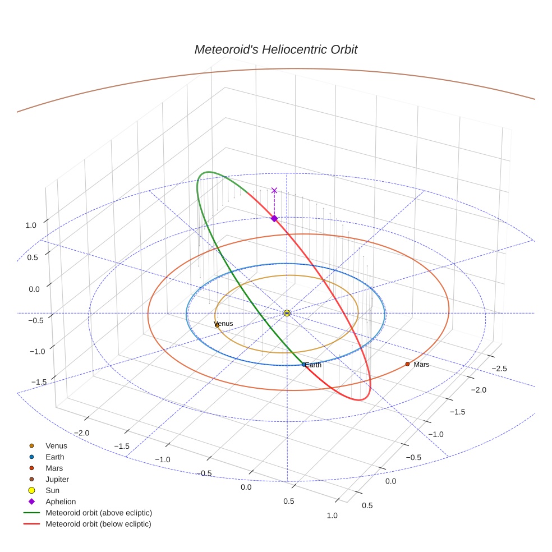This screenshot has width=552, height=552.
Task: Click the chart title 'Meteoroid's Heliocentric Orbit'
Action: tap(275, 49)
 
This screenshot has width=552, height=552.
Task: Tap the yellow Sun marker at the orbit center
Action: tap(287, 312)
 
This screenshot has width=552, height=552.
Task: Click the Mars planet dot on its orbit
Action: tap(407, 364)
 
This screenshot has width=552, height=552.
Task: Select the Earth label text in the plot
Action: tap(314, 365)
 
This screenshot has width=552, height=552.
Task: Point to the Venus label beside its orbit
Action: tap(224, 324)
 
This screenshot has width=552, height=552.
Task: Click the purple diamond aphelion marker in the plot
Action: tap(274, 218)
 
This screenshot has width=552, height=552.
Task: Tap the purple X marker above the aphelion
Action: tap(274, 191)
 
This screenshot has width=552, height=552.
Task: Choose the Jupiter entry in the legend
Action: tap(57, 479)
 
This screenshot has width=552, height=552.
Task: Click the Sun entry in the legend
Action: tap(53, 490)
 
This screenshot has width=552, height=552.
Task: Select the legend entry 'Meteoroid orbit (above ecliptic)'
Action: tap(99, 513)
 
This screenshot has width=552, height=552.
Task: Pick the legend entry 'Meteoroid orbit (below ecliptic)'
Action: tap(98, 524)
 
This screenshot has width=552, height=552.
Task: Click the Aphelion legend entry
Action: tap(60, 502)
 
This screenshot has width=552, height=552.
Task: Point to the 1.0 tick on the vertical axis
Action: tap(30, 225)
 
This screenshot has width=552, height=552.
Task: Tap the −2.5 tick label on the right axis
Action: tap(500, 368)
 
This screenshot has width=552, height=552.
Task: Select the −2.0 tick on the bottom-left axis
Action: tap(82, 433)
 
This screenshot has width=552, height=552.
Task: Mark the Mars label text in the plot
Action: tap(421, 365)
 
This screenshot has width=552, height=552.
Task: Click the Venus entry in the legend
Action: tap(56, 446)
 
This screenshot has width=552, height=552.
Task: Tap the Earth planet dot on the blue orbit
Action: tap(304, 364)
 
